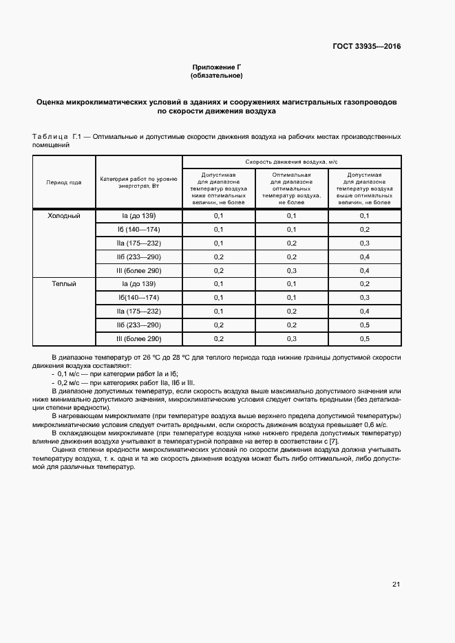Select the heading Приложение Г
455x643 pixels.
(x=217, y=67)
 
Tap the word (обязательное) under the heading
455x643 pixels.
(x=217, y=75)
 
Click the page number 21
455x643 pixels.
(x=396, y=584)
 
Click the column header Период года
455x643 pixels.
(x=63, y=182)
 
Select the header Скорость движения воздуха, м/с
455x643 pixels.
(x=291, y=162)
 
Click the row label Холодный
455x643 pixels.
(x=63, y=216)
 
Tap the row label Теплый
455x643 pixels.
(x=63, y=283)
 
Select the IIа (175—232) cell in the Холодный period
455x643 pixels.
(x=138, y=243)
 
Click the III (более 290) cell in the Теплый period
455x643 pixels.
(x=138, y=338)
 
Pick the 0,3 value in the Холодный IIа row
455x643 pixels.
(x=364, y=243)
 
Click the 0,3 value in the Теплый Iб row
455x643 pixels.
(x=364, y=297)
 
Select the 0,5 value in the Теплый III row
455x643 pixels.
(x=364, y=338)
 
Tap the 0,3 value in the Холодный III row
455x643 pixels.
(x=292, y=270)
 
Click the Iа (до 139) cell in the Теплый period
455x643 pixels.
(x=138, y=283)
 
